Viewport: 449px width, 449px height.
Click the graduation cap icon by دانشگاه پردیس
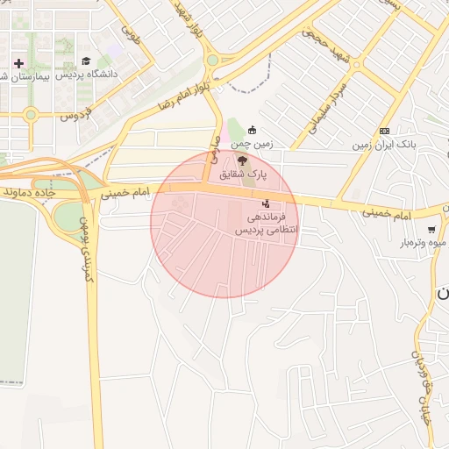(86, 61)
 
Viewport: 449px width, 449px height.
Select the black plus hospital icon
(18, 63)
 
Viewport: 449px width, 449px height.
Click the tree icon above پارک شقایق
(242, 159)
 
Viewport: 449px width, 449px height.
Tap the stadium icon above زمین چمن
(253, 130)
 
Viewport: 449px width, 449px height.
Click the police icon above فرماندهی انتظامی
(267, 203)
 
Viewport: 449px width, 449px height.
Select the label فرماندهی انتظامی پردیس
(266, 223)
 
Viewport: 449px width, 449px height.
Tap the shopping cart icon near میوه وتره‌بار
(431, 230)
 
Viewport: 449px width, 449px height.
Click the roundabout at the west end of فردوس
(32, 114)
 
